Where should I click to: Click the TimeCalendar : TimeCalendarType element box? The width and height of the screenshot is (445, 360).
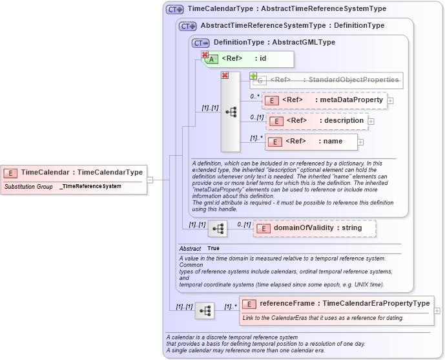click(x=74, y=173)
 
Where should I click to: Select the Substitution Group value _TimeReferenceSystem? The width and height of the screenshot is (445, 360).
click(x=90, y=187)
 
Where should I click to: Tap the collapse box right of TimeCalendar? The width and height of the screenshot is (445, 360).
click(x=150, y=180)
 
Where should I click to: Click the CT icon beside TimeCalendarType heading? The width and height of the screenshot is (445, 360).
click(x=175, y=10)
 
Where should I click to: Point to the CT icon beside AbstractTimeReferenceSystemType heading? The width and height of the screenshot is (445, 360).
click(x=188, y=26)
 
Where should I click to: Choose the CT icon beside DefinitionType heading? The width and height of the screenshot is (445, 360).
click(x=201, y=43)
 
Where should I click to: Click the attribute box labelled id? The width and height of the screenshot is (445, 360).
click(x=249, y=59)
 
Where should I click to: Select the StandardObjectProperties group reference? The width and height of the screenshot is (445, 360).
click(x=327, y=80)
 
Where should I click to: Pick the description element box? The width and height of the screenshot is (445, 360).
click(x=316, y=121)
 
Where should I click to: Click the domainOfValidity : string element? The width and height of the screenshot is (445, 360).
click(x=314, y=228)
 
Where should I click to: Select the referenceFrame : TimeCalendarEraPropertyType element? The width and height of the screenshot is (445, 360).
click(x=336, y=304)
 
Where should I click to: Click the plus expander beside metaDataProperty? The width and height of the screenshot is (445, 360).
click(x=391, y=101)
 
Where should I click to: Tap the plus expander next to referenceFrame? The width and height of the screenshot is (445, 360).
click(x=437, y=311)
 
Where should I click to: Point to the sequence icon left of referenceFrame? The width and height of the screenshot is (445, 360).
click(x=205, y=311)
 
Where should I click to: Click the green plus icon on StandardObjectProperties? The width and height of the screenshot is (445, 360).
click(x=253, y=76)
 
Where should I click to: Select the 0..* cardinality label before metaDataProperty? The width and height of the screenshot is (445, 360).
click(x=256, y=96)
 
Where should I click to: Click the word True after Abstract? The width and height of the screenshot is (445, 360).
click(x=213, y=248)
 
